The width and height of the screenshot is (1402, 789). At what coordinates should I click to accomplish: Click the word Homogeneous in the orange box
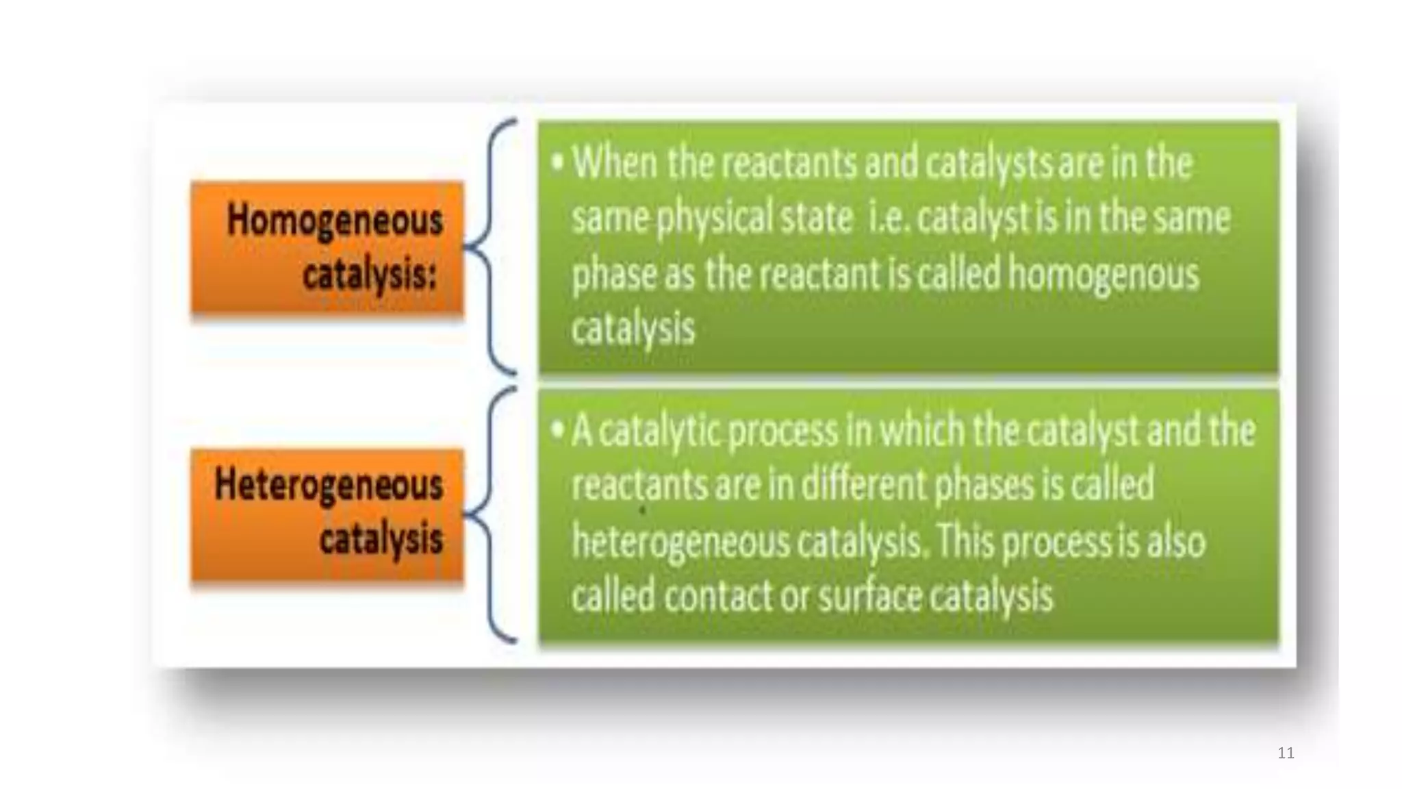[334, 221]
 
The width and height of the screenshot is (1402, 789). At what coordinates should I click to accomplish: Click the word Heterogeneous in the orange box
[329, 485]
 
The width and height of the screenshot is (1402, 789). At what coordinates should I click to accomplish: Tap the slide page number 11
[1286, 753]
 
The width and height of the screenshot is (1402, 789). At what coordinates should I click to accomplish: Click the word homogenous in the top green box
[1104, 274]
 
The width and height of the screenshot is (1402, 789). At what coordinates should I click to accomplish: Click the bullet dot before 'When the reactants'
[558, 163]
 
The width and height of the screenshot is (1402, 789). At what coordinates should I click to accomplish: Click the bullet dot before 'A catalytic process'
[558, 430]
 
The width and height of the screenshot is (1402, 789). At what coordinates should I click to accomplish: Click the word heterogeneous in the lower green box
[680, 541]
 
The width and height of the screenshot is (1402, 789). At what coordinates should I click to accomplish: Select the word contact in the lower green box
[718, 596]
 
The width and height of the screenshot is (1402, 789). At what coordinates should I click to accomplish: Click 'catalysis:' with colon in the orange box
[370, 275]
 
